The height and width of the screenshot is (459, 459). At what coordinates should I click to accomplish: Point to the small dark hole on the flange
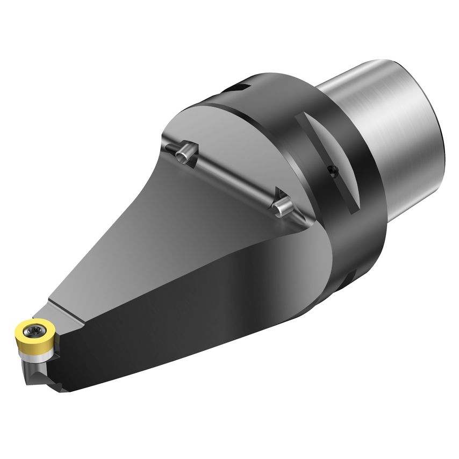pos(332,171)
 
